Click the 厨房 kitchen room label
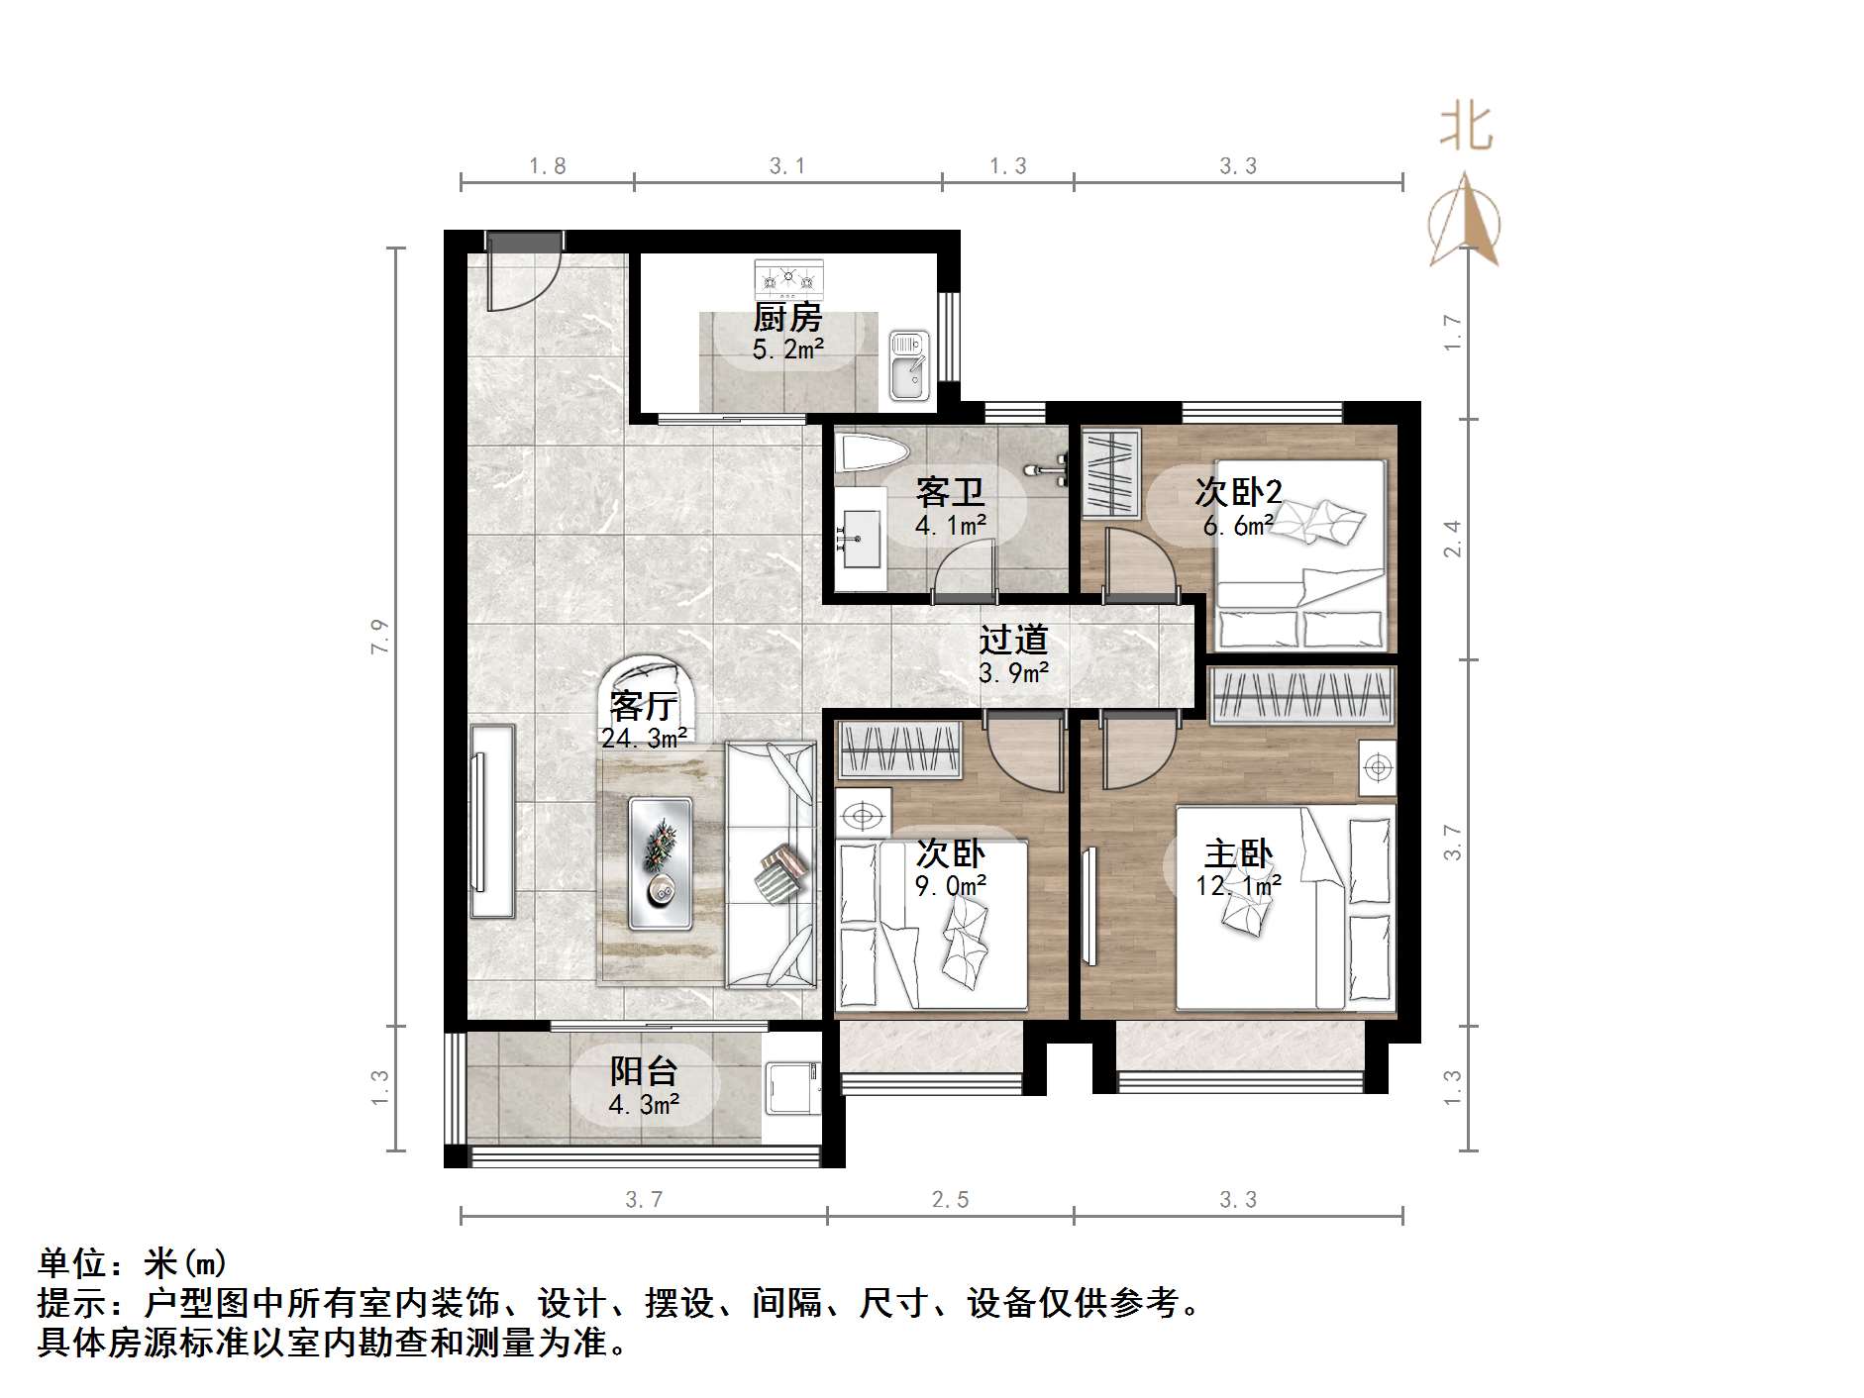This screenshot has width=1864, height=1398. tap(787, 318)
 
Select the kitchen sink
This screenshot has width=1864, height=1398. tap(908, 364)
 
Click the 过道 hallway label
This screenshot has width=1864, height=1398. tap(1012, 641)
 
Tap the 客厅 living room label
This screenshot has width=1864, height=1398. tap(643, 705)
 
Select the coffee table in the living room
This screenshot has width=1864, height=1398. tap(661, 862)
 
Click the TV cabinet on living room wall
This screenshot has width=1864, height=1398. tap(491, 821)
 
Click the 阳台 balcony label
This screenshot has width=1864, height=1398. tap(643, 1071)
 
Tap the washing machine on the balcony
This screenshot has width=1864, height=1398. tap(792, 1089)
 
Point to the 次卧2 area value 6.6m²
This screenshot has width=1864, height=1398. tap(1235, 527)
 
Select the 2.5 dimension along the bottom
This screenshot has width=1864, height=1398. tap(950, 1200)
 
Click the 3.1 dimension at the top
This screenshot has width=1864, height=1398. tap(787, 166)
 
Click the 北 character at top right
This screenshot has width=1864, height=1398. tap(1466, 129)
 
